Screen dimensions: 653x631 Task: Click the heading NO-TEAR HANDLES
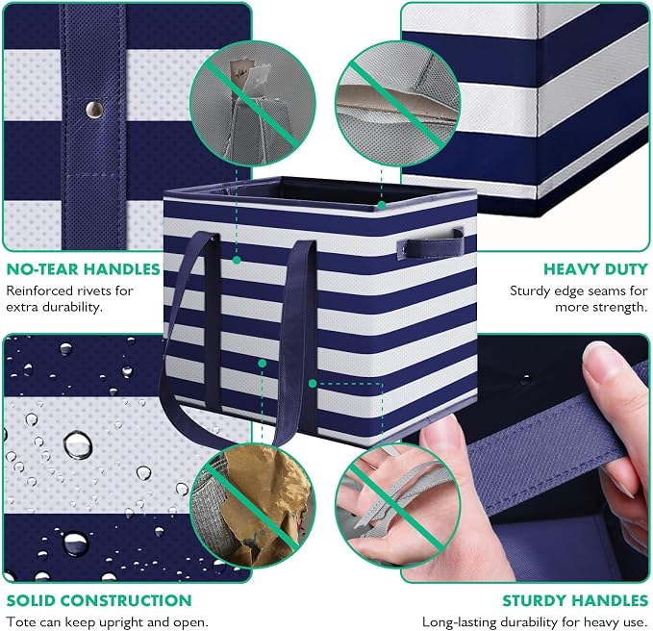tap(84, 269)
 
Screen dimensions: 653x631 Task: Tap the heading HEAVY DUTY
tap(596, 269)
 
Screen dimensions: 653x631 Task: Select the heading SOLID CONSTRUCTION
tap(99, 600)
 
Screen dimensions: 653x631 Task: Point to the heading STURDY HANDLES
tap(575, 600)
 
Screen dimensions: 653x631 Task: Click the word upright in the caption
tap(116, 622)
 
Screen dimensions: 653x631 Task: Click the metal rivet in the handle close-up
tap(94, 110)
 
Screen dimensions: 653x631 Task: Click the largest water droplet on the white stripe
tap(78, 444)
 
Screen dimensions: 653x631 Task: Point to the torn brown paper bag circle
tap(252, 506)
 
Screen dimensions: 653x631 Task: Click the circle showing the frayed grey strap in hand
tap(398, 506)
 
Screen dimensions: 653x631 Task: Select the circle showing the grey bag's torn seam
tap(398, 103)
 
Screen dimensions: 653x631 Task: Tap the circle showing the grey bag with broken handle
tap(252, 103)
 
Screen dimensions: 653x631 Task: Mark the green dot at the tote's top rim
tap(382, 205)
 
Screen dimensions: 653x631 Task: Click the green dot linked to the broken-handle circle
tap(237, 261)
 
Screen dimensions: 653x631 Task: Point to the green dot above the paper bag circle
tap(262, 364)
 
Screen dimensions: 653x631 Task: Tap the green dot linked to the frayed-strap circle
tap(313, 384)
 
